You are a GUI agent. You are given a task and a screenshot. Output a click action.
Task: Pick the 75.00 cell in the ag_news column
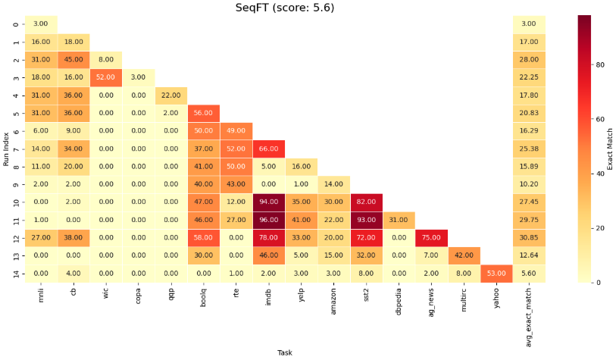[431, 237]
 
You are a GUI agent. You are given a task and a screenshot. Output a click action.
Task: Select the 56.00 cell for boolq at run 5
[203, 113]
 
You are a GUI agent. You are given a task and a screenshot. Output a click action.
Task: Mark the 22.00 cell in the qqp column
[170, 95]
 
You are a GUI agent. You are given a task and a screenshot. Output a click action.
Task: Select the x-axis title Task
[284, 352]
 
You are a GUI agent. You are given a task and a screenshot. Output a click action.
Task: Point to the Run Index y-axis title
[5, 149]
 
